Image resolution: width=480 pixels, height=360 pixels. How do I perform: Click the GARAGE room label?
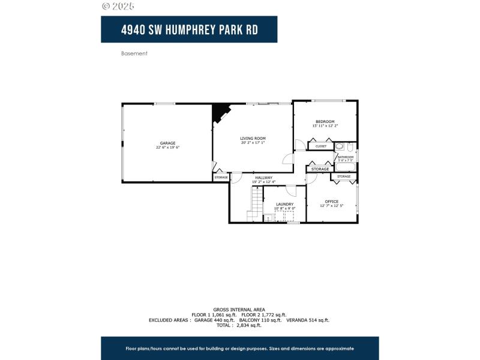[x=167, y=143]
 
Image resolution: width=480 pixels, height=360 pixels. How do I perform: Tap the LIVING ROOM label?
[x=253, y=138]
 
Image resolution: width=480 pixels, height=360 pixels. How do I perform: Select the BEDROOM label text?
[x=325, y=121]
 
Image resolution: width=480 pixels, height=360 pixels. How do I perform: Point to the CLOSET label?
[x=321, y=146]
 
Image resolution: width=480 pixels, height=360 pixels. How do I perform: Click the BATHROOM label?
[x=346, y=157]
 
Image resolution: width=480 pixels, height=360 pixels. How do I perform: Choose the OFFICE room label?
[x=332, y=201]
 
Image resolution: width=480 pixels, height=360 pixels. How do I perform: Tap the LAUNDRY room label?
[x=284, y=204]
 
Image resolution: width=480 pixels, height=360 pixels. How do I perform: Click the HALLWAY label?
[x=263, y=178]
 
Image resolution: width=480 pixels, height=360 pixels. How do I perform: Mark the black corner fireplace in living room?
[x=220, y=111]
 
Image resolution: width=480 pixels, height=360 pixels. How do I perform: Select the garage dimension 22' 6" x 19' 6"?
[x=167, y=148]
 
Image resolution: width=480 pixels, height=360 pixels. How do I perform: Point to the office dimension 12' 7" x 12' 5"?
[x=332, y=206]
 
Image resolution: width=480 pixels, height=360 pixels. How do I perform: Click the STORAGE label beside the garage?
[x=221, y=178]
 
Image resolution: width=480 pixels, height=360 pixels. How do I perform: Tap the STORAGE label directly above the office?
[x=344, y=176]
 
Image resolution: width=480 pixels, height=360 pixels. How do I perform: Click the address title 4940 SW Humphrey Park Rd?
[x=189, y=29]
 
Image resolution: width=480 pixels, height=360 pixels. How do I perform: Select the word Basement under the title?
[x=134, y=53]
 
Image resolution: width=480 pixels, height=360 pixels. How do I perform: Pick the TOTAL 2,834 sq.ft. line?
[x=239, y=325]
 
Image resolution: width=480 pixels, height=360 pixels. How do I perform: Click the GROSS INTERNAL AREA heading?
[x=239, y=310]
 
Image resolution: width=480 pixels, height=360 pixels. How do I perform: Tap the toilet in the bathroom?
[x=339, y=146]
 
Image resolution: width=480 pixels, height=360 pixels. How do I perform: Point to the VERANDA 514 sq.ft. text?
[x=308, y=320]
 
